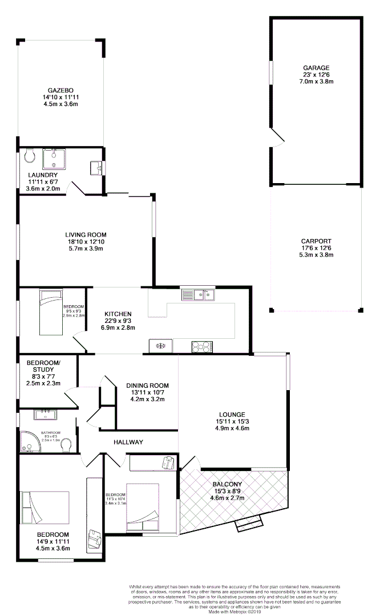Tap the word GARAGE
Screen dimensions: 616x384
click(316, 67)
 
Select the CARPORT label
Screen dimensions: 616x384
click(316, 241)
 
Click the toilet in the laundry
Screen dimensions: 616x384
click(30, 155)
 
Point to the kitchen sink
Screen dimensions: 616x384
click(197, 294)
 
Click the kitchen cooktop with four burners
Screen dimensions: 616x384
click(201, 346)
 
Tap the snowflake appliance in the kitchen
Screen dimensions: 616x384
click(161, 346)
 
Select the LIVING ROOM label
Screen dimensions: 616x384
click(86, 234)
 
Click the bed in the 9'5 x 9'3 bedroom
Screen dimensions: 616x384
click(49, 312)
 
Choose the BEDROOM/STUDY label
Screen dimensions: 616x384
click(44, 366)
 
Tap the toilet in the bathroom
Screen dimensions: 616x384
click(66, 444)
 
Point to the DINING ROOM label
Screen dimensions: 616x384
click(148, 386)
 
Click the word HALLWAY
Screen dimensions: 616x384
click(128, 442)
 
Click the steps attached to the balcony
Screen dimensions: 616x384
click(249, 524)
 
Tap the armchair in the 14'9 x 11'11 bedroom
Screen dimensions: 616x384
click(95, 538)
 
